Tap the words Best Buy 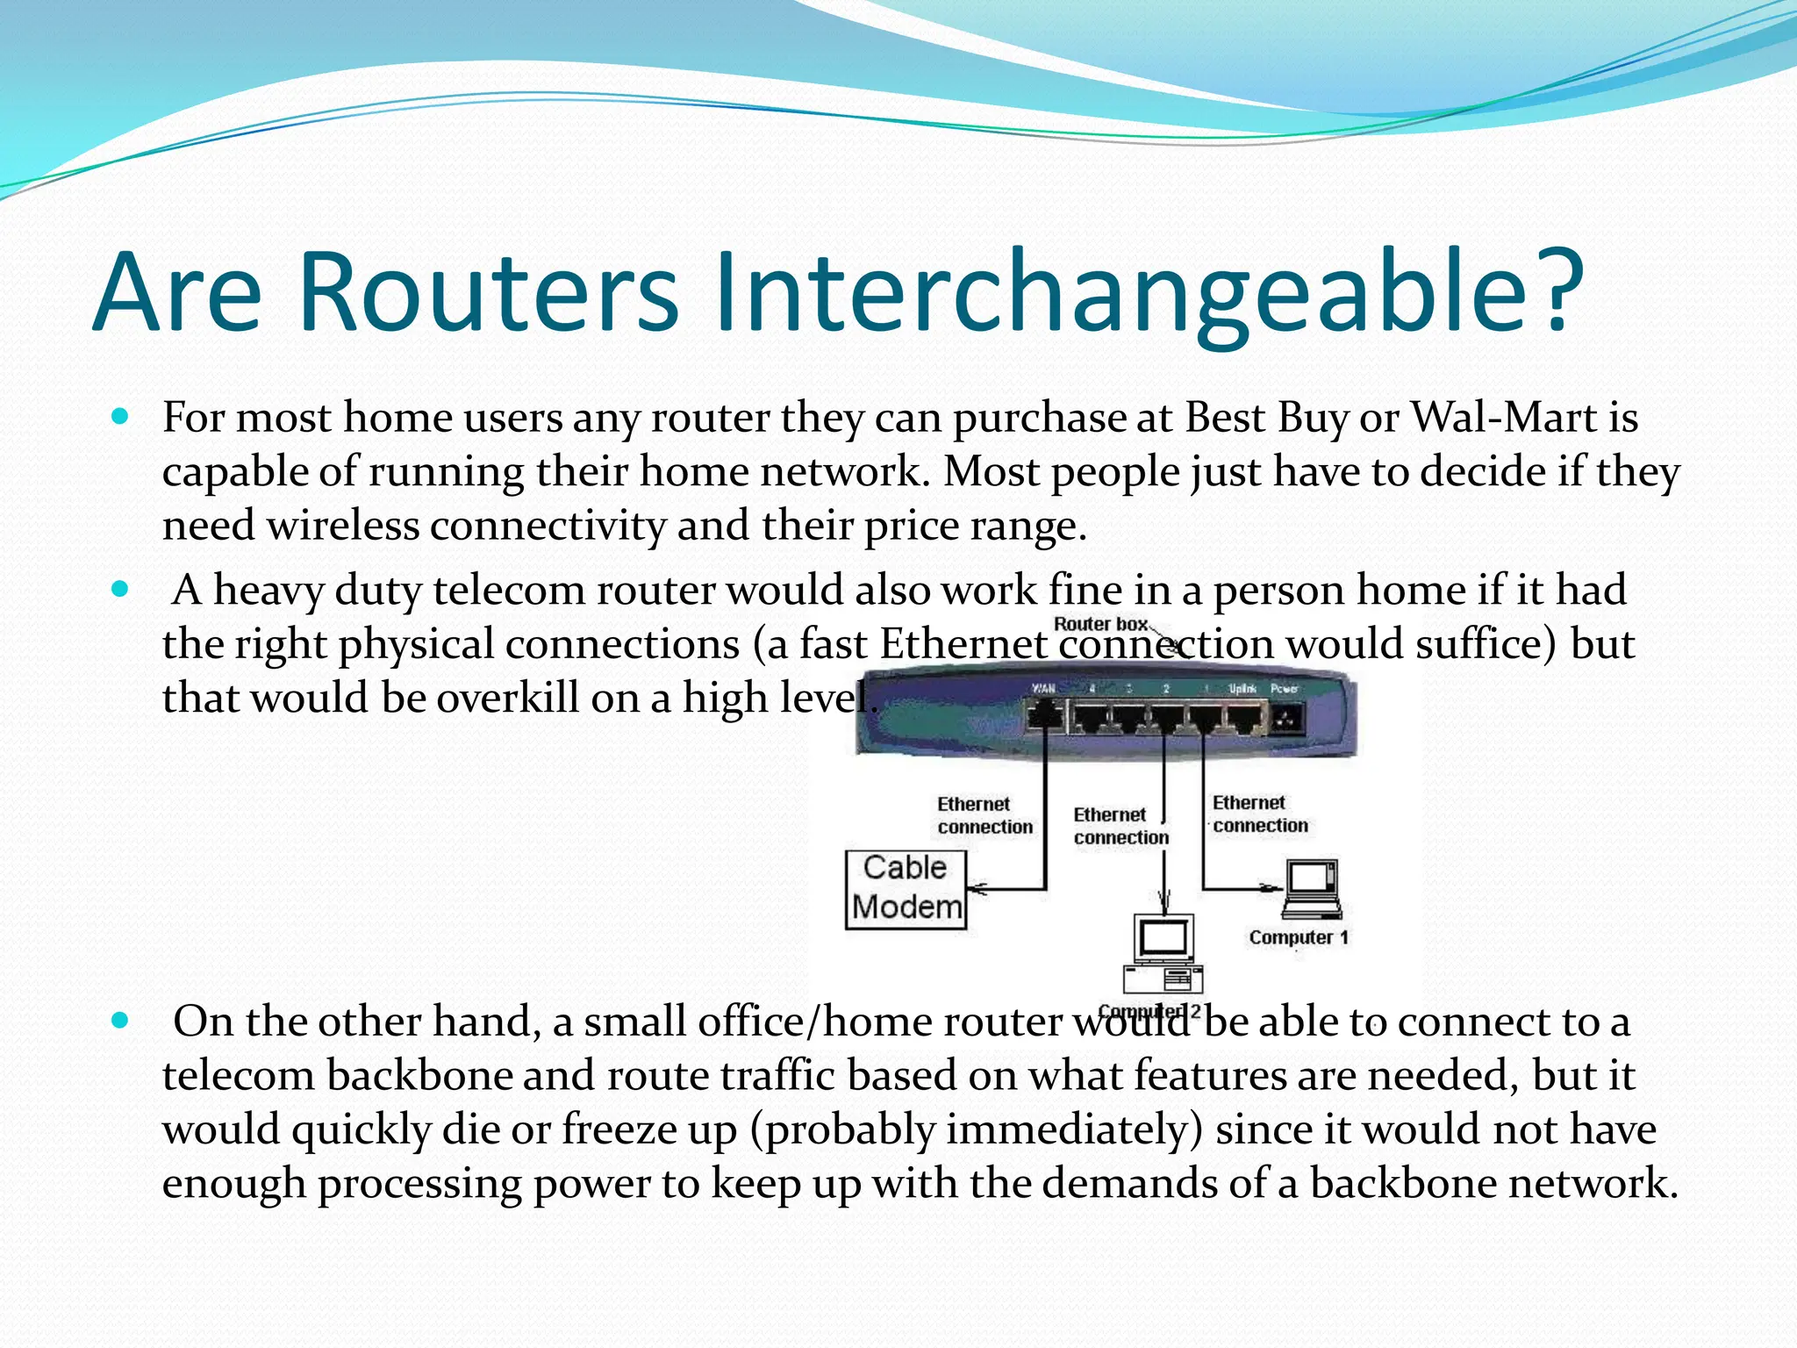tap(1267, 418)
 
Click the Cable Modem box tap(906, 889)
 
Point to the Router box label tap(1100, 624)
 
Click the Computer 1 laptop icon tap(1312, 889)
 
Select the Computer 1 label tap(1298, 937)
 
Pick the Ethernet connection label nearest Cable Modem tap(984, 815)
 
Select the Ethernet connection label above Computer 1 tap(1259, 814)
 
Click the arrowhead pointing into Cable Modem tap(976, 889)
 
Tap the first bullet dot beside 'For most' tap(121, 416)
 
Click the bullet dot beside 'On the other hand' tap(121, 1020)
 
